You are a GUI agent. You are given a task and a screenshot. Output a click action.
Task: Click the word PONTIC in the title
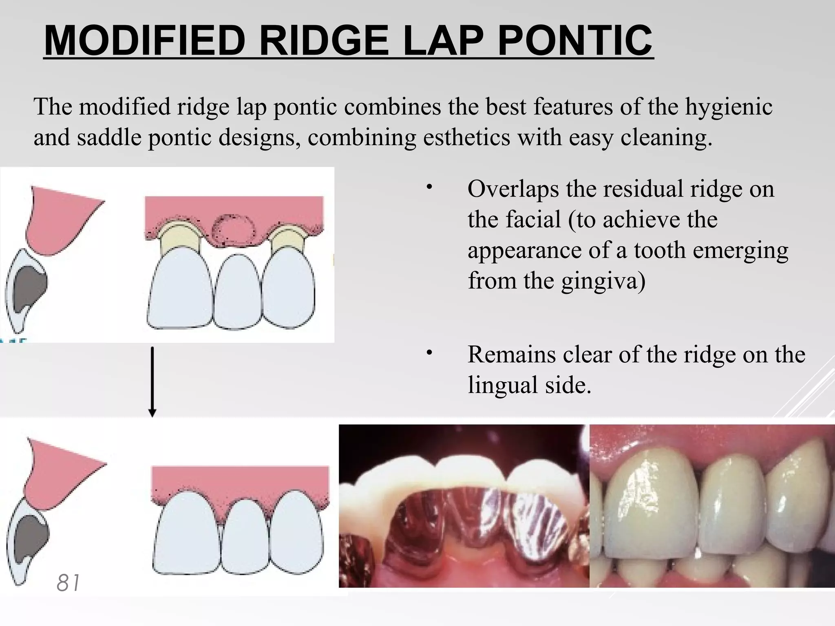coord(575,40)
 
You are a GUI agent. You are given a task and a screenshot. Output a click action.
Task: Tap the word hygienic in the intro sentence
coord(728,107)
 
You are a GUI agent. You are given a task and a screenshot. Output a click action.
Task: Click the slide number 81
coord(68,582)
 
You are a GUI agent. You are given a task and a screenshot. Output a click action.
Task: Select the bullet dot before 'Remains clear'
coord(429,353)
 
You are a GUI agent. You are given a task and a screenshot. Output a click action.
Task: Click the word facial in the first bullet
coord(534,219)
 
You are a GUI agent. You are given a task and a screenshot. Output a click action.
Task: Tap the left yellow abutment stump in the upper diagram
coord(180,240)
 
